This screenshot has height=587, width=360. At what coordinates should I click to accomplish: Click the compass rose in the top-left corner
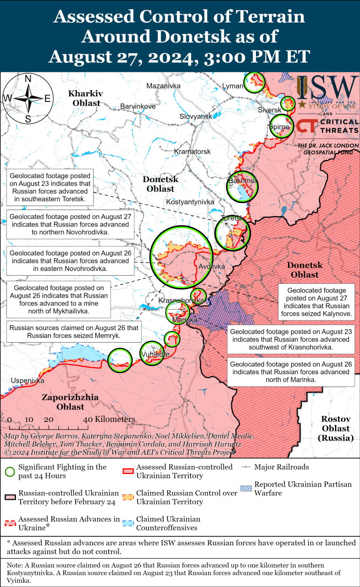tap(28, 98)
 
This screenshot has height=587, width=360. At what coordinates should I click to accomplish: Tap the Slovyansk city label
tap(196, 116)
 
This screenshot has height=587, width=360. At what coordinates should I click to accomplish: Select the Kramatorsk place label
tap(192, 151)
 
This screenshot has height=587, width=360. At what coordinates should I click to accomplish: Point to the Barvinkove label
tap(138, 106)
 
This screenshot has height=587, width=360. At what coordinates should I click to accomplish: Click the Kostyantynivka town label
tap(190, 202)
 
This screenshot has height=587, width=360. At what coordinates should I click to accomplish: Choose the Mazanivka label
tap(163, 86)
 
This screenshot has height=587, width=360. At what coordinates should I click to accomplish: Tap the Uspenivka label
tap(28, 381)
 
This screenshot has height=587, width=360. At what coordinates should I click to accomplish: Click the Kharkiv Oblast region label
tap(86, 98)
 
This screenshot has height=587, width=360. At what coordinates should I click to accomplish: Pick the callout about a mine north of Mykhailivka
tap(59, 299)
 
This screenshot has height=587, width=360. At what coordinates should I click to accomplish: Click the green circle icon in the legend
tap(10, 471)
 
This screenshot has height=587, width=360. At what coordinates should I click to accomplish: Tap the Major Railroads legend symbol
tap(246, 467)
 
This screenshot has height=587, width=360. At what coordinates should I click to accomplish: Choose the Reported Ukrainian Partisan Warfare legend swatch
tap(246, 488)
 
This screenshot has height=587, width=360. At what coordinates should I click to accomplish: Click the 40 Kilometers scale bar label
tap(109, 419)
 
